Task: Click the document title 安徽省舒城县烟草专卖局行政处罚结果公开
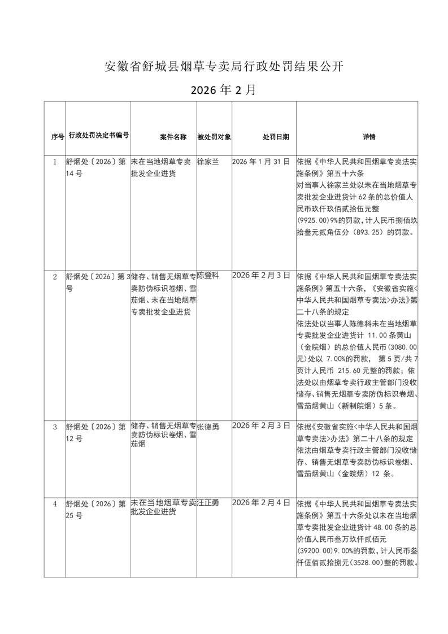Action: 224,67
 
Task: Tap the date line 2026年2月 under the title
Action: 224,90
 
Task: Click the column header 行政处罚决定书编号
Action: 98,136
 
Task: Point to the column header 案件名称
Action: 173,137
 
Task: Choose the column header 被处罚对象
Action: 214,137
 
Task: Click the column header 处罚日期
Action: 276,137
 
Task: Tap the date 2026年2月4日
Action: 261,502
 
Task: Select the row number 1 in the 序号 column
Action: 55,162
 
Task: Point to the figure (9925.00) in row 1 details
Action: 316,220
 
